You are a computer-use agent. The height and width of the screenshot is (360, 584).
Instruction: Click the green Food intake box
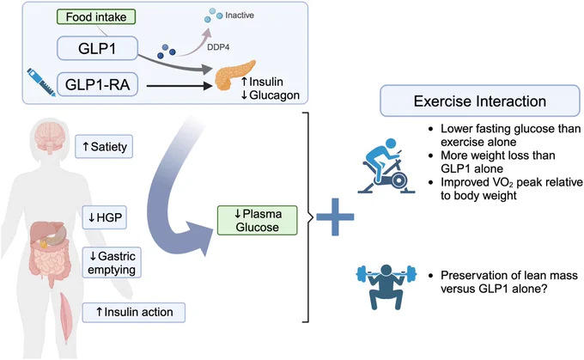[96, 17]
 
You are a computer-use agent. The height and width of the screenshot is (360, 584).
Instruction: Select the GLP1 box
[97, 48]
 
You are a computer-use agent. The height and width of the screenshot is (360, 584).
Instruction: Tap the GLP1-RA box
[97, 84]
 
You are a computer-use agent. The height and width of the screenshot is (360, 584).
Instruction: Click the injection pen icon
[41, 82]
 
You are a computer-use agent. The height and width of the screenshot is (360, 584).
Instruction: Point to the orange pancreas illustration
[234, 76]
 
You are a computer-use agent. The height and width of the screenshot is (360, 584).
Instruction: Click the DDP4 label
[218, 47]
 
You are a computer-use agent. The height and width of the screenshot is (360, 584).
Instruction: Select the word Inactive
[240, 15]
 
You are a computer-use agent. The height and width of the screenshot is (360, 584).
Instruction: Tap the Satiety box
[104, 146]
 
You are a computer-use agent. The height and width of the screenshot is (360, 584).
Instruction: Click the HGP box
[104, 217]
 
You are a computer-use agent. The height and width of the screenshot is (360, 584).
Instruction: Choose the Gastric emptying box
[112, 262]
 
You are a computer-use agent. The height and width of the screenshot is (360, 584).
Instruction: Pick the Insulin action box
[134, 312]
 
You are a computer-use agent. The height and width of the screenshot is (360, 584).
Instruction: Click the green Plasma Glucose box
[258, 220]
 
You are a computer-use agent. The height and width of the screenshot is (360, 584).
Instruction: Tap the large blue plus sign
[335, 217]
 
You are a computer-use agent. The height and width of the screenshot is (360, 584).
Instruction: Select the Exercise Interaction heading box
[480, 101]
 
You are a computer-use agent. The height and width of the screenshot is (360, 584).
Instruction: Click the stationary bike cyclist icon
[386, 166]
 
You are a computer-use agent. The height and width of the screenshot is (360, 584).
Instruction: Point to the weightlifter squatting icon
[386, 287]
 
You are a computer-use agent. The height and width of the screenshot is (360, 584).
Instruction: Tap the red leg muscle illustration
[65, 316]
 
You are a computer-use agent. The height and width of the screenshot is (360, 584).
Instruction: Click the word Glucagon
[275, 95]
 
